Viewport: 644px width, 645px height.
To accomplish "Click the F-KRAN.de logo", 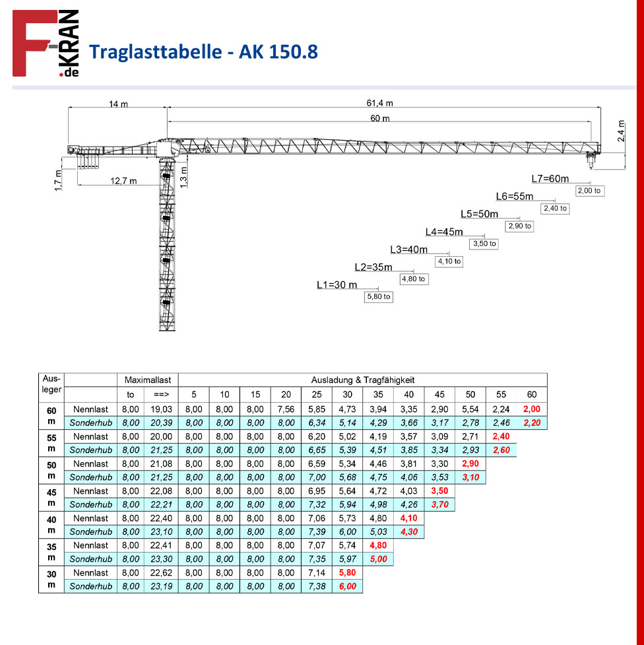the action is [46, 43].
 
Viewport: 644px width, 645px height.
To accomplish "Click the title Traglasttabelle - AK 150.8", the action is [204, 52].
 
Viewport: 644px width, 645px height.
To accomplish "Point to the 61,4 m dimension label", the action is [379, 103].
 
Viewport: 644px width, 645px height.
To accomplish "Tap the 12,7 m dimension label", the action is [123, 181].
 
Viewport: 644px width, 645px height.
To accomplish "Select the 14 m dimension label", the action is [118, 104].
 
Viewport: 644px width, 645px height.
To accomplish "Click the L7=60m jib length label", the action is [550, 178].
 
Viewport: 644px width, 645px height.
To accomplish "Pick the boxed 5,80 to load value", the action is [379, 296].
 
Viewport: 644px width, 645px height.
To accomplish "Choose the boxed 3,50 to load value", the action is [484, 244].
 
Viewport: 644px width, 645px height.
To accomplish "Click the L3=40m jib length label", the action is [409, 250].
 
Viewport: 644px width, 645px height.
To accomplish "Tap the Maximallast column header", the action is [148, 380].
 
